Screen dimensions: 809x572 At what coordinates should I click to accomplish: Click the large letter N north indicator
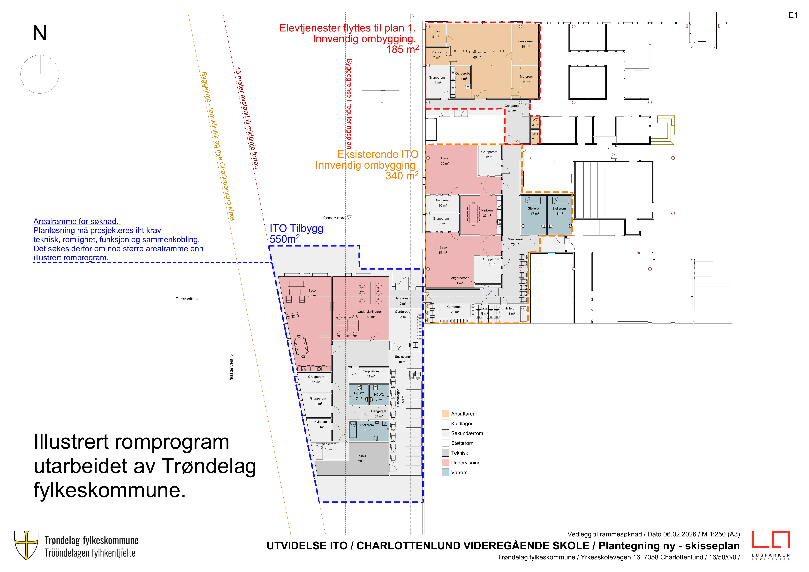coord(39,33)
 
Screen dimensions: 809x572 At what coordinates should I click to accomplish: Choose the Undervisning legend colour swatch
coord(445,462)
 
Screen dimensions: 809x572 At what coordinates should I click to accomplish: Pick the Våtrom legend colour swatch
coord(445,472)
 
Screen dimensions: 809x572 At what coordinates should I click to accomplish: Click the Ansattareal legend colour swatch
coord(445,414)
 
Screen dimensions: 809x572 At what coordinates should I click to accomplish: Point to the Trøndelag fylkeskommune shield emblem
coord(26,545)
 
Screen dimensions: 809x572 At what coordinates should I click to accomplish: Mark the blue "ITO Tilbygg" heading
coord(296,229)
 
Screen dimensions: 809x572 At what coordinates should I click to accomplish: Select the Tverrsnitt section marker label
coord(185,299)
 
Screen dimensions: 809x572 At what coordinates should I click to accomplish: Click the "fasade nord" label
coord(334,218)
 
